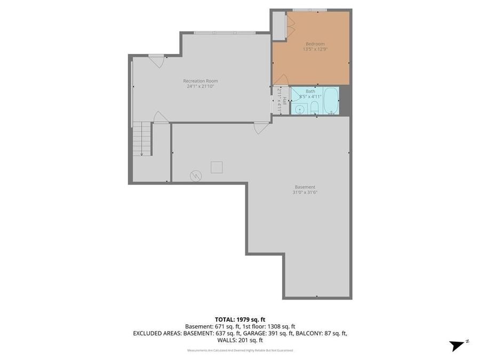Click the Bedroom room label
[x=315, y=44]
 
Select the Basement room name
[x=305, y=187]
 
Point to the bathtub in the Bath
[x=331, y=101]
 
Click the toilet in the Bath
[x=315, y=109]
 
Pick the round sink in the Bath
[x=300, y=109]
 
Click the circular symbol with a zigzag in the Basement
[x=196, y=175]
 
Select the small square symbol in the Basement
[x=217, y=167]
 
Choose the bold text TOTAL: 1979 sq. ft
[x=239, y=319]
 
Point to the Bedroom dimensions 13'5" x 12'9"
[x=315, y=49]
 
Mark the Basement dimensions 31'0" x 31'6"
[x=305, y=193]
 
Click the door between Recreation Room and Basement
[x=261, y=128]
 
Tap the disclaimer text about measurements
[x=239, y=350]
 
